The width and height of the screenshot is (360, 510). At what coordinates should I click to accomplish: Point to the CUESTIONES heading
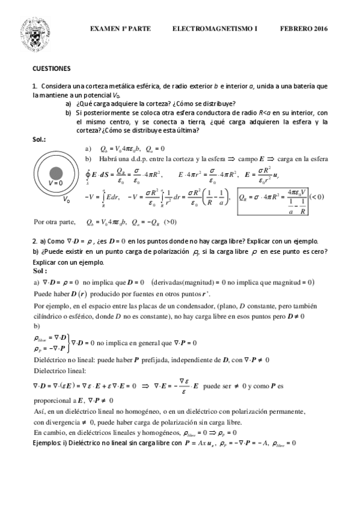coord(52,69)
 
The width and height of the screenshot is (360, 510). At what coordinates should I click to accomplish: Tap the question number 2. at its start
coord(35,241)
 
